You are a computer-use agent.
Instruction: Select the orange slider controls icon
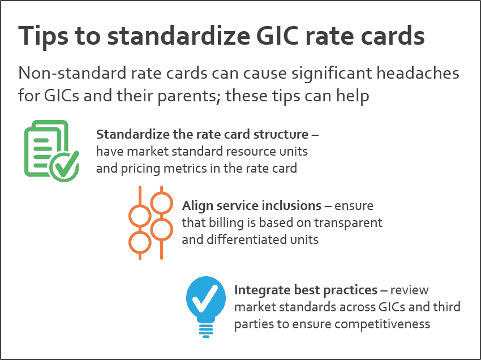(x=150, y=222)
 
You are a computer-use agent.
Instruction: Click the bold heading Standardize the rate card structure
(x=203, y=135)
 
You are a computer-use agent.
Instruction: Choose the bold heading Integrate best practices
(x=306, y=290)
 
